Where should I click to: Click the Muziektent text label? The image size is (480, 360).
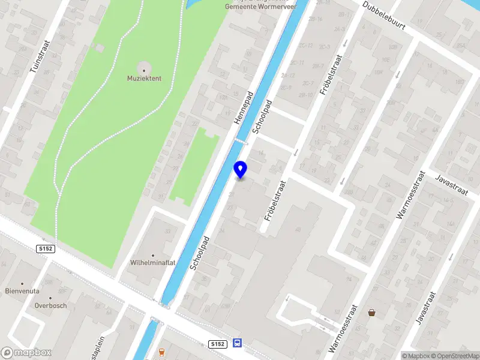pos(143,79)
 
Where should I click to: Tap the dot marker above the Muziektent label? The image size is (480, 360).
pos(143,70)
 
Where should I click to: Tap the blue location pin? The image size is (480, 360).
pos(241,169)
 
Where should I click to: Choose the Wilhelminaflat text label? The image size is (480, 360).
pos(152,263)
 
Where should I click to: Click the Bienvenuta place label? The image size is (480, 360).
pos(22,291)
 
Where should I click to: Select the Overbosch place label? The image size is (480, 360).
pos(50,305)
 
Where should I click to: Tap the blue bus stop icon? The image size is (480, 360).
pos(238,344)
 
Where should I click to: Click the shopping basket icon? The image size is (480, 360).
pos(372,312)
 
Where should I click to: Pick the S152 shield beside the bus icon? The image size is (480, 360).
pos(218,344)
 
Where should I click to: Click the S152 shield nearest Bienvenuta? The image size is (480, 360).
pos(45,249)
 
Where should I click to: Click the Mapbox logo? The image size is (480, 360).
pos(26,353)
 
